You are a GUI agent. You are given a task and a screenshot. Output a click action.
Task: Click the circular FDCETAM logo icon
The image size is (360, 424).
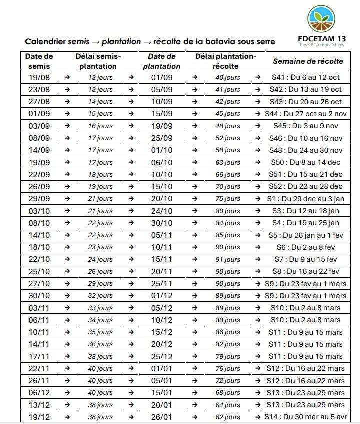[x=322, y=20]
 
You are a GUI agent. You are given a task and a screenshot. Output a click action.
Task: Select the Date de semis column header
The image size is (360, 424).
[x=39, y=61]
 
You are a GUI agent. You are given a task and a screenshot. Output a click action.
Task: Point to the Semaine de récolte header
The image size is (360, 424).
[x=308, y=61]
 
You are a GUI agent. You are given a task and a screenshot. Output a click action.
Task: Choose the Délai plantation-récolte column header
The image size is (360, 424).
[x=225, y=61]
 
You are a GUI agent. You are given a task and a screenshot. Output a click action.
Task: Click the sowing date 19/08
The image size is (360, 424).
[x=39, y=77]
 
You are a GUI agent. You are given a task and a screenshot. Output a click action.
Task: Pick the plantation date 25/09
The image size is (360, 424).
[x=161, y=138]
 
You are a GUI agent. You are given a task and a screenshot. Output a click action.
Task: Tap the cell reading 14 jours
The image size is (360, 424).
[x=100, y=102]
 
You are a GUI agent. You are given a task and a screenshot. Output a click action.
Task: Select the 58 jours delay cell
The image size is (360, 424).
[x=228, y=150]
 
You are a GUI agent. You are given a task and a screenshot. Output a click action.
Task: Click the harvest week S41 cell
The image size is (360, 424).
[x=308, y=77]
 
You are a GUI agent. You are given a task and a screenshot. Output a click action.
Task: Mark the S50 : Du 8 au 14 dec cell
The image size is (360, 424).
[x=308, y=162]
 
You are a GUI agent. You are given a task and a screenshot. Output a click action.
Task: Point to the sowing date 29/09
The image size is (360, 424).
[x=39, y=199]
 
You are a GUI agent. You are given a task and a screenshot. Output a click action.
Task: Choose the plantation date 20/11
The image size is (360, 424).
[x=161, y=272]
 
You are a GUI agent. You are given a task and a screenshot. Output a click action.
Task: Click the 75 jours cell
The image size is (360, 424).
[x=228, y=199]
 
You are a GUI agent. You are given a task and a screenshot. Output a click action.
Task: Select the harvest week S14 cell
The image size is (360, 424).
[x=308, y=417]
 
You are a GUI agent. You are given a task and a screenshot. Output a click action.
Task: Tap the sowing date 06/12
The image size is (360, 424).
[x=39, y=393]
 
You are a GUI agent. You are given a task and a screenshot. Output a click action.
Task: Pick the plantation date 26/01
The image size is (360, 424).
[x=161, y=417]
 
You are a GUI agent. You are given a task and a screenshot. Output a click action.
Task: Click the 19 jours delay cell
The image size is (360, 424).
[x=100, y=187]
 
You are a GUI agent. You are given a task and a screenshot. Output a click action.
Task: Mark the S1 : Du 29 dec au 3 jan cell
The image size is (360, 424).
[x=308, y=199]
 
